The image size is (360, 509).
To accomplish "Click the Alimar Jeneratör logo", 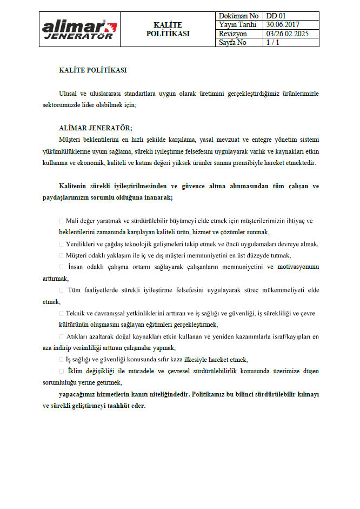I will pyautogui.click(x=79, y=29).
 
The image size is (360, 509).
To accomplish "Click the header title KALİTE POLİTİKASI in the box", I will pyautogui.click(x=168, y=29).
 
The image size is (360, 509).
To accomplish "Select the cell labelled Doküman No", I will pyautogui.click(x=239, y=16).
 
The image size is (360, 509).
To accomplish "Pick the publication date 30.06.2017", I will pyautogui.click(x=283, y=25).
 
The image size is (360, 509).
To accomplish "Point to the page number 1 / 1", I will pyautogui.click(x=272, y=42).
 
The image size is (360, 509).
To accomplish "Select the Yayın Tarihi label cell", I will pyautogui.click(x=237, y=25).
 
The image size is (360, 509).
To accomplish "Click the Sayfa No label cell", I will pyautogui.click(x=233, y=42).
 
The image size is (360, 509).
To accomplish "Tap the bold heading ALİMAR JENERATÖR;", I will pyautogui.click(x=95, y=128).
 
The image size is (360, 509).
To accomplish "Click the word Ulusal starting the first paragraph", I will pyautogui.click(x=69, y=93).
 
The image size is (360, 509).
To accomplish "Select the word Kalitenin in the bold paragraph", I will pyautogui.click(x=75, y=186).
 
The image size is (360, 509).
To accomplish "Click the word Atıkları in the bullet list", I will pyautogui.click(x=78, y=336).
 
